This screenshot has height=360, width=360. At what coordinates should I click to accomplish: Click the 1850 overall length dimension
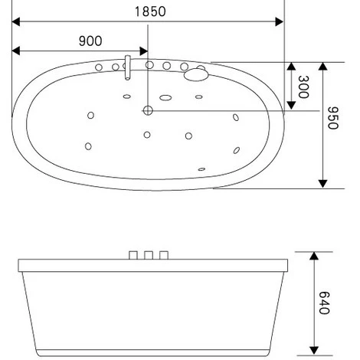150,11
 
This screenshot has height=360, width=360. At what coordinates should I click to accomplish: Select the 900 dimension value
90,41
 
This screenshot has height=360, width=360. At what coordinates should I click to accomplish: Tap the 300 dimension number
303,87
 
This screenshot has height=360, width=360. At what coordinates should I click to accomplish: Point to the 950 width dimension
333,118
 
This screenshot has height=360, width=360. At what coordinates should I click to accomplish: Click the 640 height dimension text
325,303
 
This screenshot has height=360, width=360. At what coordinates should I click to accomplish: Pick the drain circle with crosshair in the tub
148,110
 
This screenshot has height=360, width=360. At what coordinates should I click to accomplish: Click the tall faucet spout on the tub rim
127,67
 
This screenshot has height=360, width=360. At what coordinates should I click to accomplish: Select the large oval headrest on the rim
196,74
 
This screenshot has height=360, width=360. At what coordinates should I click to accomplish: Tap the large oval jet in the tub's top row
165,97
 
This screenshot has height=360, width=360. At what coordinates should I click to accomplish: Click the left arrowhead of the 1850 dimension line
16,21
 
